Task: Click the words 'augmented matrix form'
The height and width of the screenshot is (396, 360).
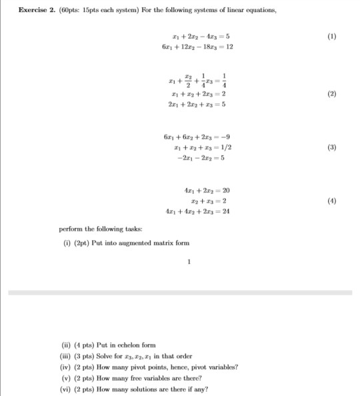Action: coord(158,243)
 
